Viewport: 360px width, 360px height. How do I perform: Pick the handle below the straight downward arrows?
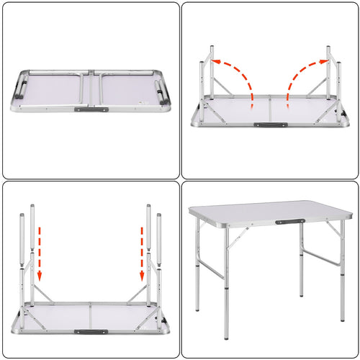[x=87, y=332]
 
